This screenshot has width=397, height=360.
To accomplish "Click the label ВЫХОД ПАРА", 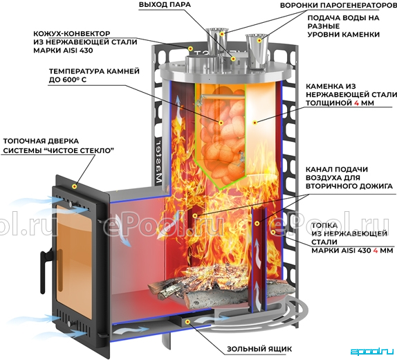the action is point(165,5).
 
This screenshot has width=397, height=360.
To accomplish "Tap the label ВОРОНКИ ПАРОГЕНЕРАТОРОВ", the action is point(339,5).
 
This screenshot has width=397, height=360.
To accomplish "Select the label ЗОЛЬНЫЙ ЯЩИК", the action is point(259,349).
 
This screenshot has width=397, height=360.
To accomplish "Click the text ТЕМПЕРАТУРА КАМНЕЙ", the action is point(94,71).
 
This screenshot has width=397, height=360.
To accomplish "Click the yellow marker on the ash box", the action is point(187,322).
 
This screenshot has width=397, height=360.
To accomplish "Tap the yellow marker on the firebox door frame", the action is point(75,186).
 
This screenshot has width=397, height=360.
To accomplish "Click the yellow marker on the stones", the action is point(221,123).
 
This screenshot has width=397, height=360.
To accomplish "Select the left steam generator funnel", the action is point(216,42).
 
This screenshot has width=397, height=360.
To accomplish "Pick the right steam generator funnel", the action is point(257,51).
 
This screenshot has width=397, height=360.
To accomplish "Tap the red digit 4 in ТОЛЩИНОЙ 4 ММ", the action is point(356,103).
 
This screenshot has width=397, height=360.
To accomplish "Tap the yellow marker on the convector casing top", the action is point(190,48).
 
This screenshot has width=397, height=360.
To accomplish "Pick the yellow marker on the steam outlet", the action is point(233,59).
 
